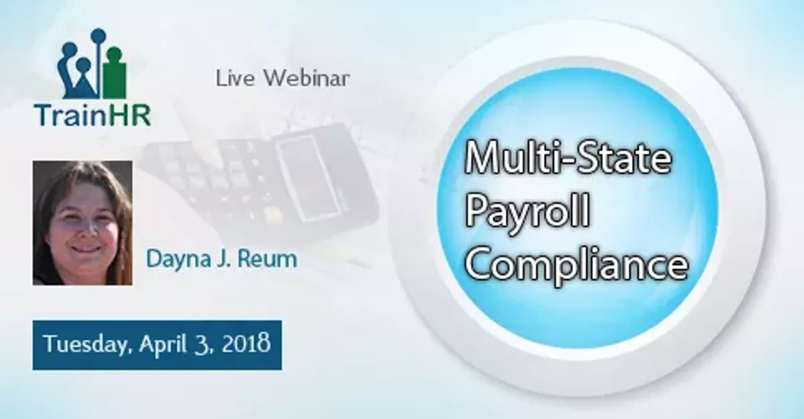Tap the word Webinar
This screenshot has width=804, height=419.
click(306, 78)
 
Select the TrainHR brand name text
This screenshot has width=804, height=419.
click(93, 115)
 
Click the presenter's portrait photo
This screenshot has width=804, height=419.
click(82, 223)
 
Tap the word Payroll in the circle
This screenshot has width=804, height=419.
click(527, 213)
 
